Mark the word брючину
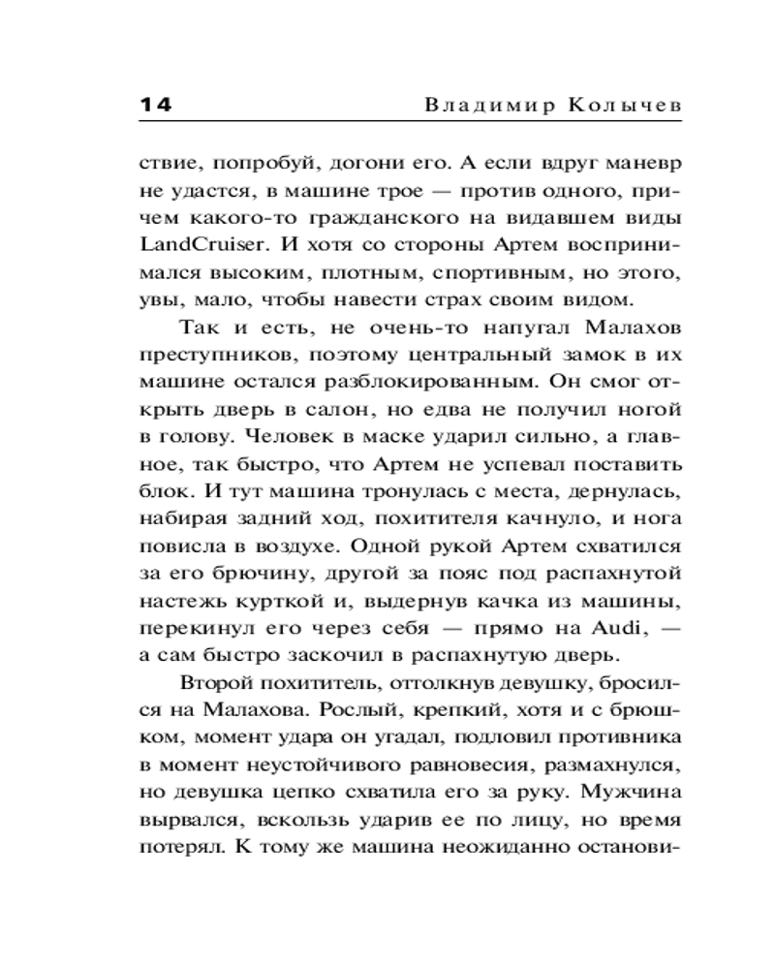[x=252, y=575]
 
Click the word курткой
[x=267, y=602]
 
